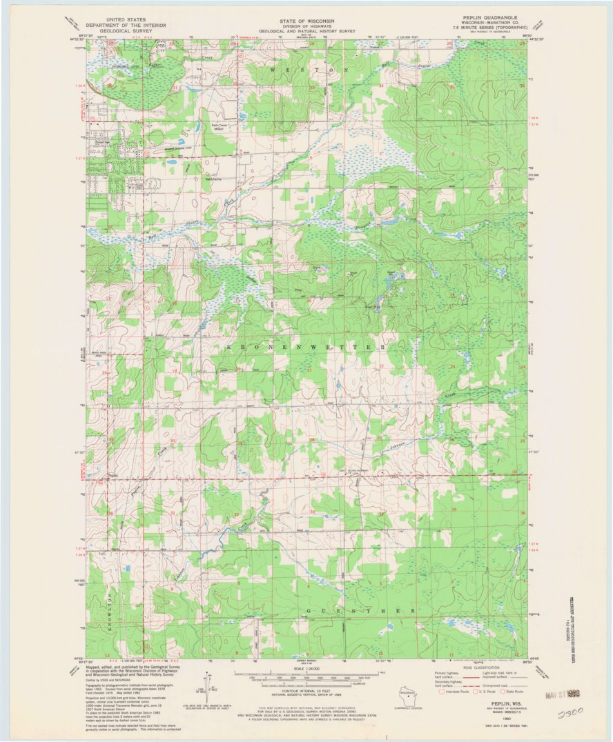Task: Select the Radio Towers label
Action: [x=219, y=126]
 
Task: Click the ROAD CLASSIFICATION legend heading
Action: [x=480, y=668]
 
